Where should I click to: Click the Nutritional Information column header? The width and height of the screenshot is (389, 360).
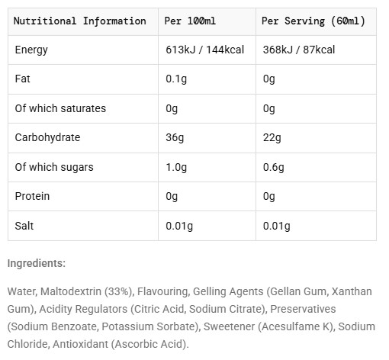pos(80,21)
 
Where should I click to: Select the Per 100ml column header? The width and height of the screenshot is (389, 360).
pos(190,21)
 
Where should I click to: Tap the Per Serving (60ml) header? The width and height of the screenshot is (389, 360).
pos(313,21)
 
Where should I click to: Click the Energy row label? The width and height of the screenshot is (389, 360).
pos(31,50)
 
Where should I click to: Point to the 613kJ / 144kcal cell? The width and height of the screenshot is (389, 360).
pos(204,50)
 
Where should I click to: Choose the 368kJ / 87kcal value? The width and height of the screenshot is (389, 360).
pos(299,50)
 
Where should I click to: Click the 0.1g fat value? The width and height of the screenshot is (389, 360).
pos(176,79)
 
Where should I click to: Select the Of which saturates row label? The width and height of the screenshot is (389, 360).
pos(60,108)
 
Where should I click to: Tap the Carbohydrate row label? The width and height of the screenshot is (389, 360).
pos(47,137)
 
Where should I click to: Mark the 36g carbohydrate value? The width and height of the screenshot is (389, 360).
pos(175,138)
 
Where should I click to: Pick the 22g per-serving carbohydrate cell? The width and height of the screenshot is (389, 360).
pos(272,138)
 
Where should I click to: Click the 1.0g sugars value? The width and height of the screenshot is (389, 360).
pos(176,167)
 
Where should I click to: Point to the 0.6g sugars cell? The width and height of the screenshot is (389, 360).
pos(274,167)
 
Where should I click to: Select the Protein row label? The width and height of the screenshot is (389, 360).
pos(32,196)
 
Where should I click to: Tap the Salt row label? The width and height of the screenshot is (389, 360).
pos(24,226)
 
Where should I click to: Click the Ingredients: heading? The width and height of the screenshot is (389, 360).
pos(37,263)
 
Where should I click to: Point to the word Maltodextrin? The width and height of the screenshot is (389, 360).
pos(71,291)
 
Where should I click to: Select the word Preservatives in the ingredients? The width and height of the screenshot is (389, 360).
pos(303,309)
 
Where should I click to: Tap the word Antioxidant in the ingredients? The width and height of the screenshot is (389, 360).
pos(80,344)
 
